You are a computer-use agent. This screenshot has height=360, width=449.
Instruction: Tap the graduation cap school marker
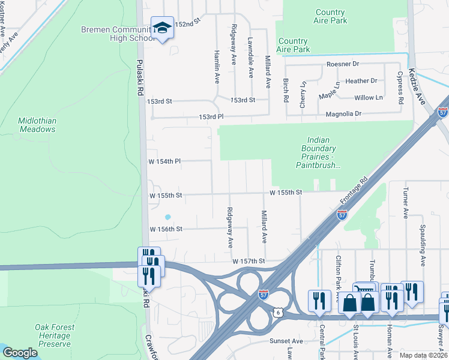click(x=162, y=28)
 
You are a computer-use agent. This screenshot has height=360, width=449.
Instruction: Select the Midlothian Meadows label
click(x=37, y=124)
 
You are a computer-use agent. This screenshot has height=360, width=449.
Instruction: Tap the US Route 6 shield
click(x=277, y=313)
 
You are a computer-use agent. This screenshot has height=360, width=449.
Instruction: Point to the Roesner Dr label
click(x=342, y=64)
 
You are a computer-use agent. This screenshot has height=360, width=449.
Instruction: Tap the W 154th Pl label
click(x=164, y=161)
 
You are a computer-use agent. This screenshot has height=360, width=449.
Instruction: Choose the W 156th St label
click(x=165, y=229)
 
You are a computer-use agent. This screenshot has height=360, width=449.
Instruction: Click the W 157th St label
click(x=249, y=261)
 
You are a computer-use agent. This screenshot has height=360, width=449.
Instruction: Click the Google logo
click(x=20, y=353)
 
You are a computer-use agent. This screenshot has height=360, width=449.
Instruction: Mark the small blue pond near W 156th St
click(x=167, y=217)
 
